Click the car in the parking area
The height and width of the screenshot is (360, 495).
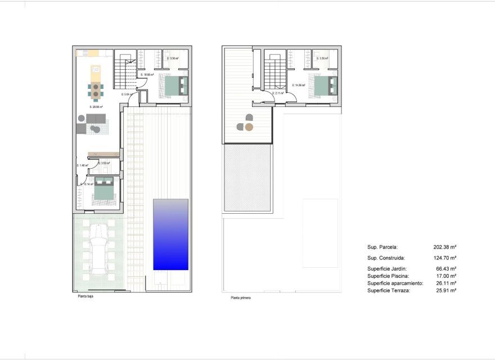pos(99,250)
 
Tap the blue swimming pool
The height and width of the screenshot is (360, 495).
pos(170,234)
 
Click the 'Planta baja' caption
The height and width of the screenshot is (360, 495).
pos(85,296)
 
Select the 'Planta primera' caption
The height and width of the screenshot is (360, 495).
pos(240,298)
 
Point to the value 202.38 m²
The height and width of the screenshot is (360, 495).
pos(445,247)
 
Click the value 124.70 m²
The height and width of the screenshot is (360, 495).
pos(445,258)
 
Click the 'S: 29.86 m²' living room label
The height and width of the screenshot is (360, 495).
pos(96,106)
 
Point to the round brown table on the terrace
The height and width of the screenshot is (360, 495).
pos(249,127)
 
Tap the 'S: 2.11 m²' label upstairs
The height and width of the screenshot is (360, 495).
pos(278,93)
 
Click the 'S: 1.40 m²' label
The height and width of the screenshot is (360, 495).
pos(82,165)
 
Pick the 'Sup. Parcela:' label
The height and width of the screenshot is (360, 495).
pos(382,247)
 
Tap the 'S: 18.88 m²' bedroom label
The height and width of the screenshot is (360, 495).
pos(147,74)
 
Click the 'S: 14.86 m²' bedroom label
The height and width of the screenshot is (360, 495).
pos(299,85)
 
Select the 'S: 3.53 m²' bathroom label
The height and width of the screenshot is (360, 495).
pos(105,163)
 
